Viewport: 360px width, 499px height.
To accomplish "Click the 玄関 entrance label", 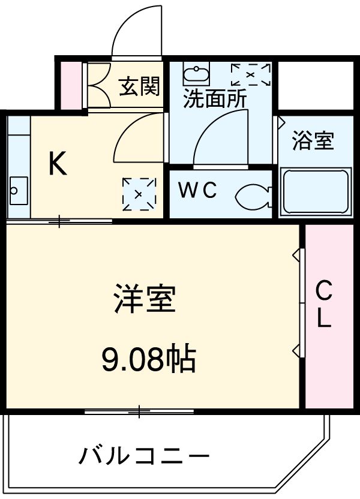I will coord(139,88).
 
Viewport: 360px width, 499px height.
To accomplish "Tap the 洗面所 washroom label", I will coord(214,99).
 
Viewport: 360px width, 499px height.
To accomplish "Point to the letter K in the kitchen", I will coord(58,163).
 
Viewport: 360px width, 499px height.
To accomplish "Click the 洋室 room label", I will coord(145,299).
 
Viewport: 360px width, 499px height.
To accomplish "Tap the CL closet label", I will coord(324,305).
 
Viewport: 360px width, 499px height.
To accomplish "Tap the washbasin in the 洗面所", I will coord(196,75).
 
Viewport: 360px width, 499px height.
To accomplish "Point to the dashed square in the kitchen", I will coord(139,194).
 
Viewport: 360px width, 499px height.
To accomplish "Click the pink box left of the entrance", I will coord(73,85).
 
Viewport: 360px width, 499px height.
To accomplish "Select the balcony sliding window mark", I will coord(139,411).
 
